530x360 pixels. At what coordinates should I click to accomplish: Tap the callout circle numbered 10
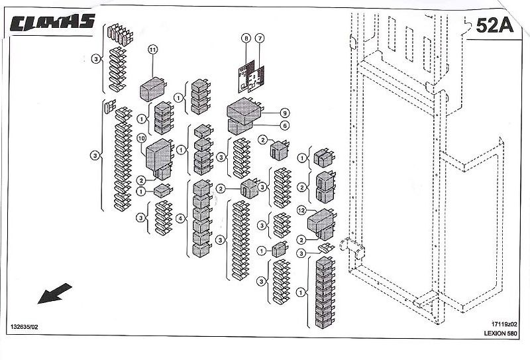tap(141, 138)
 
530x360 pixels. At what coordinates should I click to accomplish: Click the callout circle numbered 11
tap(153, 50)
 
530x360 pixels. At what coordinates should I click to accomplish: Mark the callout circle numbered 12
tap(301, 211)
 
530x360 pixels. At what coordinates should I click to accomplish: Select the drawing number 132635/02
tap(25, 328)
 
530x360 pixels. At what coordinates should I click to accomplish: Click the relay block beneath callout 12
tap(322, 222)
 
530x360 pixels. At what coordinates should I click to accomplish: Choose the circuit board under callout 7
tap(256, 78)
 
